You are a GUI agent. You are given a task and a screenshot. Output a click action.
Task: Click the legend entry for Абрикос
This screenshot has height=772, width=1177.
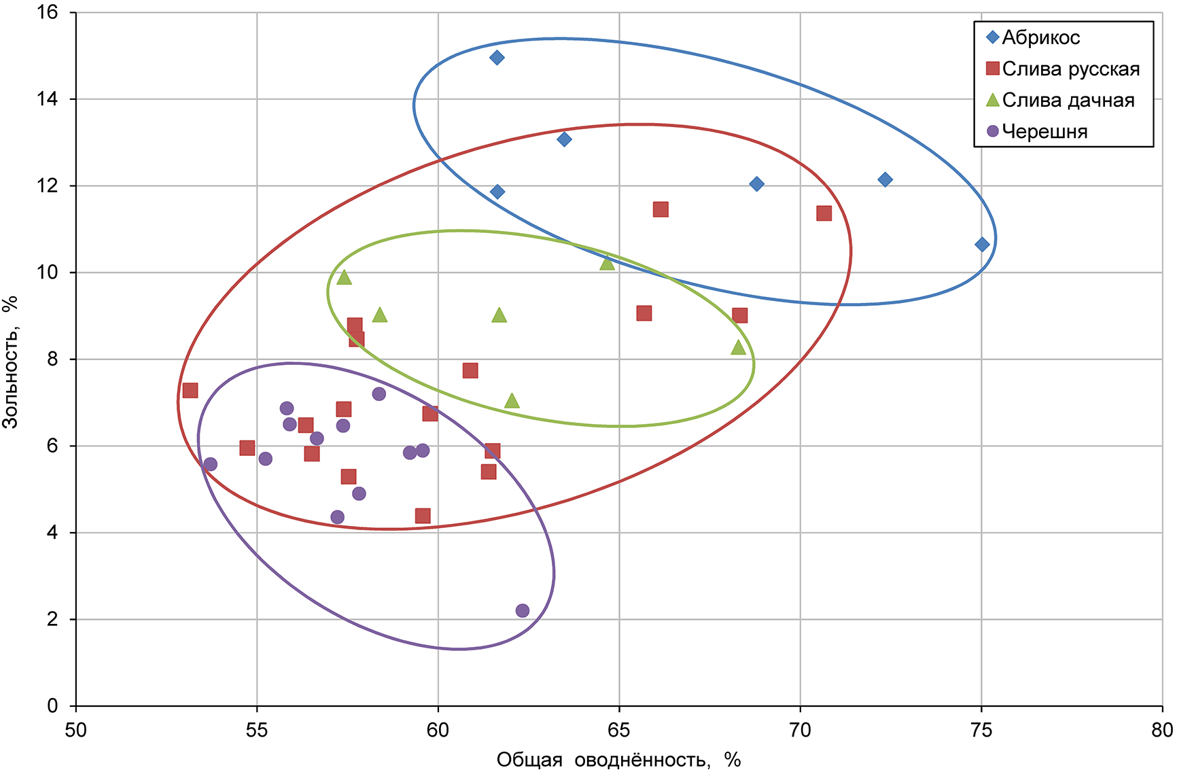(1040, 37)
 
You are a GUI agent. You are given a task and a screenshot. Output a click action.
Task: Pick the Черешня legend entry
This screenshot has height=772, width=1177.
(1044, 131)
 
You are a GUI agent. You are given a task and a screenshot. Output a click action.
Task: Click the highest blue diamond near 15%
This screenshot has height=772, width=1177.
(497, 58)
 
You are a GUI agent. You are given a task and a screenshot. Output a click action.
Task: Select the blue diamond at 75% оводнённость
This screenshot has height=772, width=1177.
(982, 245)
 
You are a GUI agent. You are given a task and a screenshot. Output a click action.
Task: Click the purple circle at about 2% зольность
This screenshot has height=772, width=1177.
(523, 610)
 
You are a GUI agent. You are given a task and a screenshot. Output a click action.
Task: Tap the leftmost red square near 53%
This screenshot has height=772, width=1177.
(190, 390)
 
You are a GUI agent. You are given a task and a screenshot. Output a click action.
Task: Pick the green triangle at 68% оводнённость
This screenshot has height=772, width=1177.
(739, 347)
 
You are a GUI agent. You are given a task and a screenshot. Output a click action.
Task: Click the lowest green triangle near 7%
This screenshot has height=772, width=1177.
(512, 401)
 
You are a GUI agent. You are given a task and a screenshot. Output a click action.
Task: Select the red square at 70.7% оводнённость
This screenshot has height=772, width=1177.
(824, 213)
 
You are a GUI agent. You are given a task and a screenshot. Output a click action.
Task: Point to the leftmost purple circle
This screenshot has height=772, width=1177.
(210, 464)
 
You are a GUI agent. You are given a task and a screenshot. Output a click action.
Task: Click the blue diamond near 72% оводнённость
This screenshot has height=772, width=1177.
(885, 179)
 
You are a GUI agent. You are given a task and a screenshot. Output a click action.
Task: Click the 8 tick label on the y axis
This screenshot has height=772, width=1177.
(52, 359)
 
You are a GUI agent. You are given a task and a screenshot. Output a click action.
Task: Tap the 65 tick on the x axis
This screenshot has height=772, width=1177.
(619, 730)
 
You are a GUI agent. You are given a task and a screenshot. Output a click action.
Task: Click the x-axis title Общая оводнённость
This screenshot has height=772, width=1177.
(618, 759)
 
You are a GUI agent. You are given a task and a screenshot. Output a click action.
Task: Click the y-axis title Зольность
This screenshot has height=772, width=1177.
(11, 361)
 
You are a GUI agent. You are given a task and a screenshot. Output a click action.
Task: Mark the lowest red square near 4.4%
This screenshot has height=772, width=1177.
(423, 516)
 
